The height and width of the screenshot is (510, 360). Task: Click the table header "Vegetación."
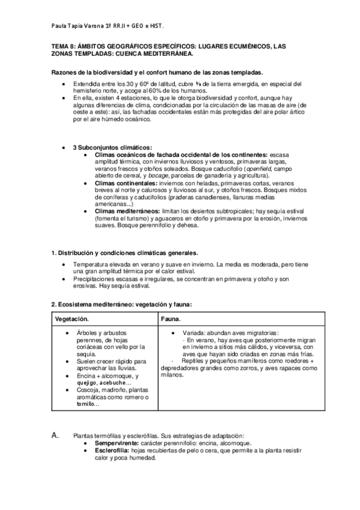(x=72, y=318)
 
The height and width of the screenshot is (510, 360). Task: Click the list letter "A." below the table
(x=55, y=435)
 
